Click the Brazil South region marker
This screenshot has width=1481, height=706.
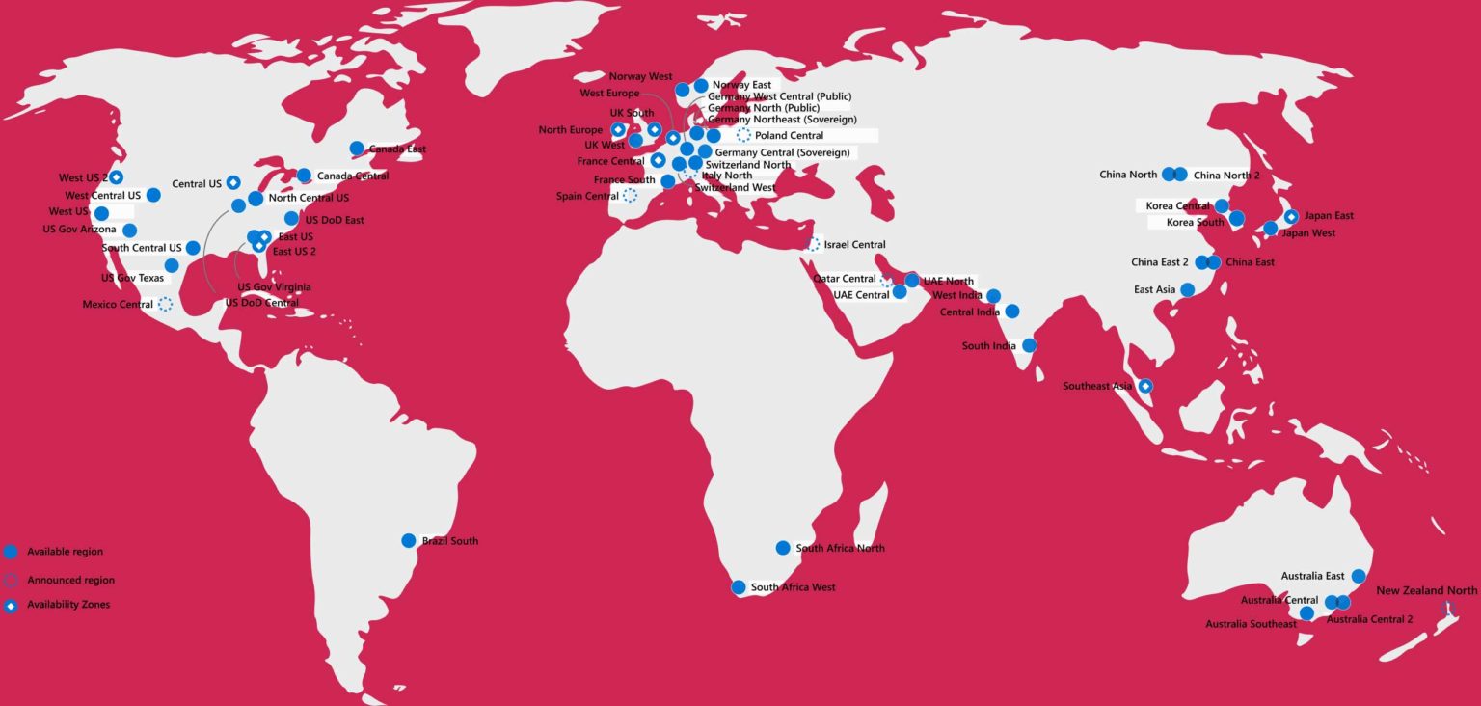(408, 541)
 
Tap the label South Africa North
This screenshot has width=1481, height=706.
(840, 549)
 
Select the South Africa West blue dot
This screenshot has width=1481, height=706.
(739, 587)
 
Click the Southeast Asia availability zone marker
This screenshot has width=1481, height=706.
(1145, 387)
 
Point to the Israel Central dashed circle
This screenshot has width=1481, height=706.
(813, 245)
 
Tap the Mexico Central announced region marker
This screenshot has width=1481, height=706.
(165, 305)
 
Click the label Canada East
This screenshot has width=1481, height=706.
(397, 149)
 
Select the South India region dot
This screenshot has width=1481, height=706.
(1029, 345)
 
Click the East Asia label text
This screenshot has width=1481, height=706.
(1154, 290)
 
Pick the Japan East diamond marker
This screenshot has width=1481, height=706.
(1291, 216)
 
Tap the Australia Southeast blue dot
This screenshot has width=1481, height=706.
(1306, 613)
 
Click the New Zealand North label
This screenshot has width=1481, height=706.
(1426, 591)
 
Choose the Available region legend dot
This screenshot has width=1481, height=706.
(11, 552)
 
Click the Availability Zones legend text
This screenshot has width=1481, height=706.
(68, 605)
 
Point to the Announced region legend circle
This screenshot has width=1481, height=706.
(11, 581)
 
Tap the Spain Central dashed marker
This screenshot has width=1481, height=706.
(630, 196)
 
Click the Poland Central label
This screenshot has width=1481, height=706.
(789, 136)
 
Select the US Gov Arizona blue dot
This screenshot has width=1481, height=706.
(129, 230)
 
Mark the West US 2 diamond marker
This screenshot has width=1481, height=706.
(116, 177)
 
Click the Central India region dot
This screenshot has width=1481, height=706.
(1011, 312)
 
